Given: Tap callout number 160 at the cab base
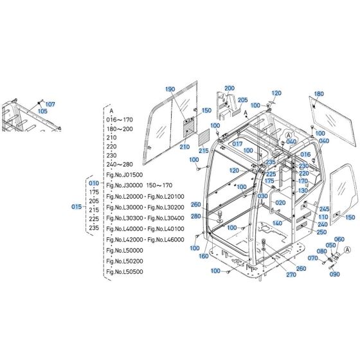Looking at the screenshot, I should click(x=204, y=256).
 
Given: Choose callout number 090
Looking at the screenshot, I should click(x=334, y=274).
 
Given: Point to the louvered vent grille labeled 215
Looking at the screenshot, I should click(x=202, y=137).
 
